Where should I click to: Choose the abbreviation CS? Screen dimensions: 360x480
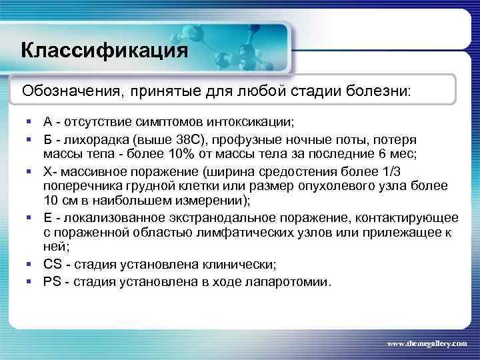[53, 263]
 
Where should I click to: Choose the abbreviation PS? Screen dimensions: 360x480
[53, 281]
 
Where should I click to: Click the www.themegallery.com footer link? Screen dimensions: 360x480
[427, 342]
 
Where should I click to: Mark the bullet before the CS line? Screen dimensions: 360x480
[31, 264]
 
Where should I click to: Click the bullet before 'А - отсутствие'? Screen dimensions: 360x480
[31, 123]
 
